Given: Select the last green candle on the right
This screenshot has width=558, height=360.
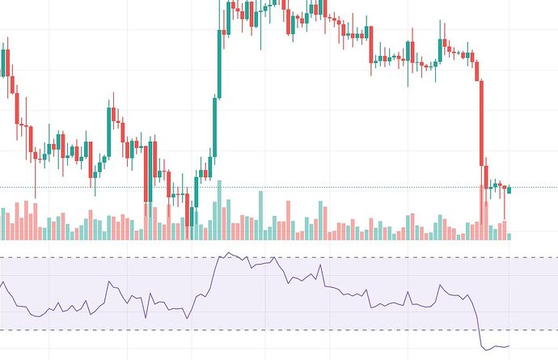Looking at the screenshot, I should (x=509, y=189).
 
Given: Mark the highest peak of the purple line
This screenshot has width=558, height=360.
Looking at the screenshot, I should (x=228, y=253).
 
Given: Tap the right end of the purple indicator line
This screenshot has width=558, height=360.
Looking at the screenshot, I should (x=509, y=345).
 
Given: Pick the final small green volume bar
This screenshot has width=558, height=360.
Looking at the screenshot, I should (x=509, y=236).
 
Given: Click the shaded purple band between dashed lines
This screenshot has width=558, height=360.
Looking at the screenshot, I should (x=364, y=311).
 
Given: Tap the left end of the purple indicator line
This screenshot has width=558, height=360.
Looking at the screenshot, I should (x=2, y=283).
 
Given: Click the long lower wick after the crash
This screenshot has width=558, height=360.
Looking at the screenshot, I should (x=504, y=207).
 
